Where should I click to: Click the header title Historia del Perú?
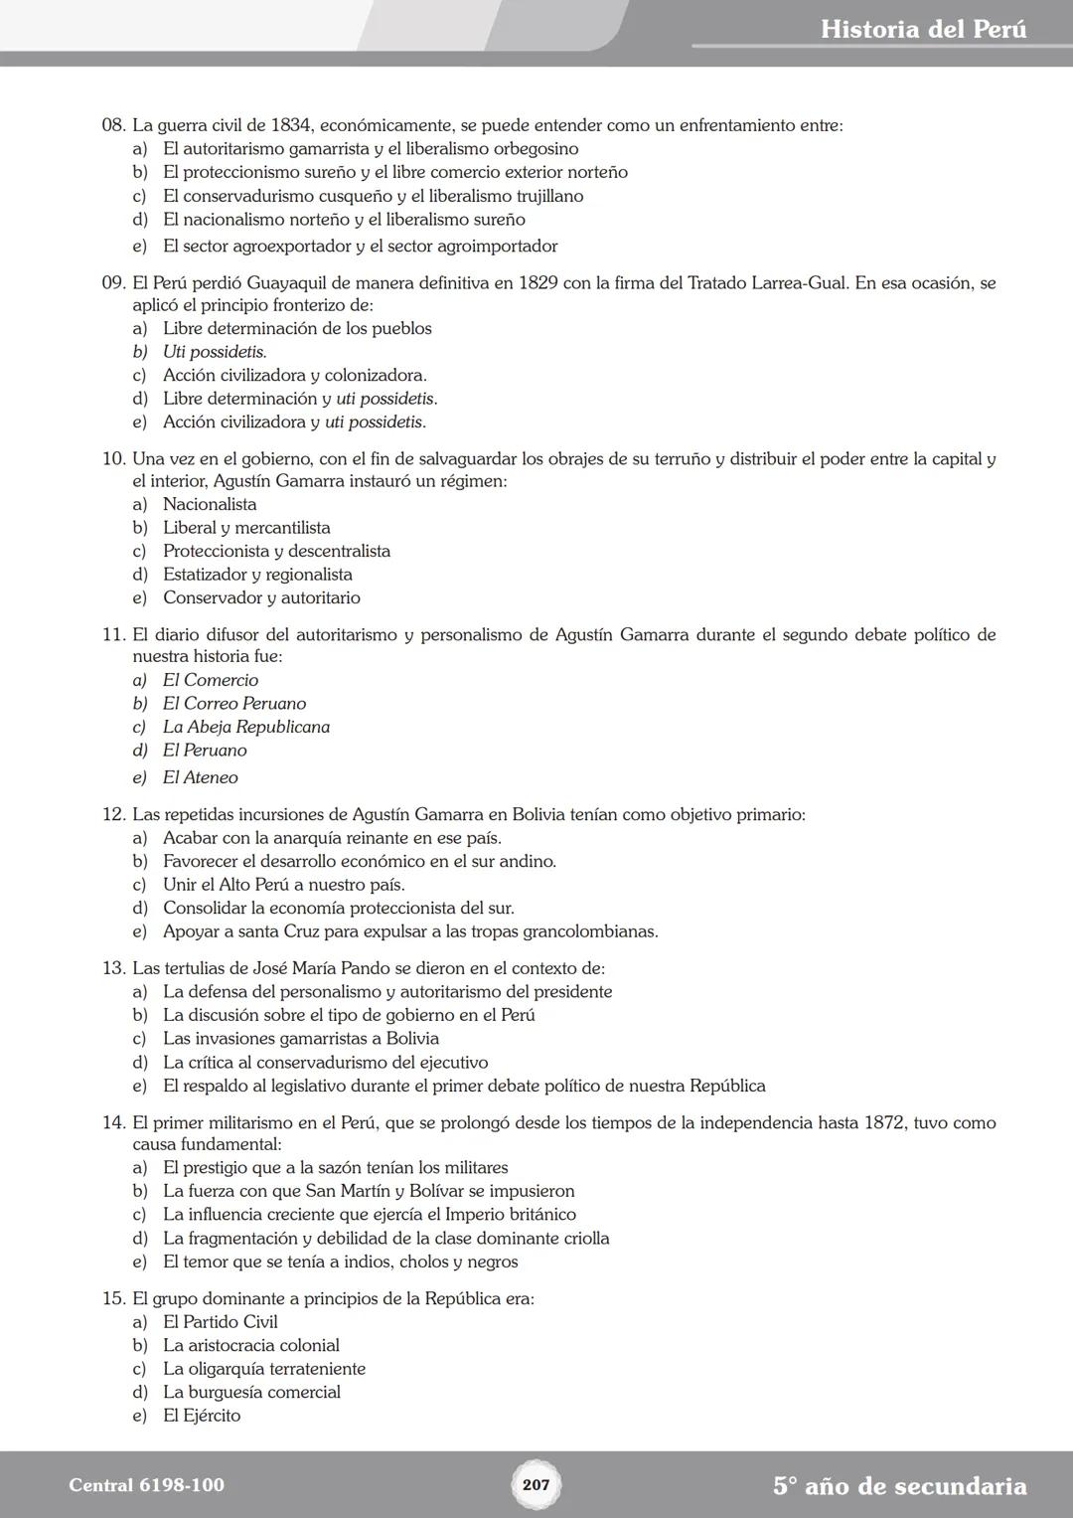coord(923,29)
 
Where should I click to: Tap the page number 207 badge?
coord(536,1484)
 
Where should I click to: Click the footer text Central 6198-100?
coord(146,1485)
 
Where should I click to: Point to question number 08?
coord(113,126)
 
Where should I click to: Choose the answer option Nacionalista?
coord(210,505)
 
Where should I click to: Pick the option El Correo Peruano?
coord(234,704)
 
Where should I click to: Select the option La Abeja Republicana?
coord(245,728)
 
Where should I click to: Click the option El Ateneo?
coord(200,778)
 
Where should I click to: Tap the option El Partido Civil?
coord(220,1322)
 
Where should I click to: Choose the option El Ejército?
coord(202,1416)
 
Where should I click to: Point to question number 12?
coord(113,815)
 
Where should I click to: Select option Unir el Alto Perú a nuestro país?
coord(283,885)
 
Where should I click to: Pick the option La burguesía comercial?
coord(251,1393)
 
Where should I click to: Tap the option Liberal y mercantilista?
coord(246,528)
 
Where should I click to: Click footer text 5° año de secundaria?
coord(899,1486)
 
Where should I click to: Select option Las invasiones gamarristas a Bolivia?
coord(300,1039)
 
